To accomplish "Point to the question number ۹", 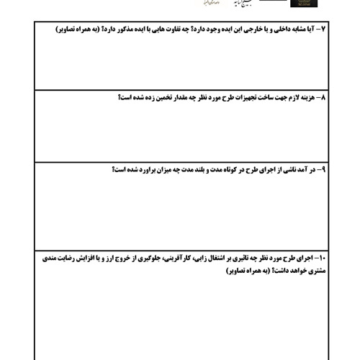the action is click(322, 169).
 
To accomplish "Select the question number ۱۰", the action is click(320, 258).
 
